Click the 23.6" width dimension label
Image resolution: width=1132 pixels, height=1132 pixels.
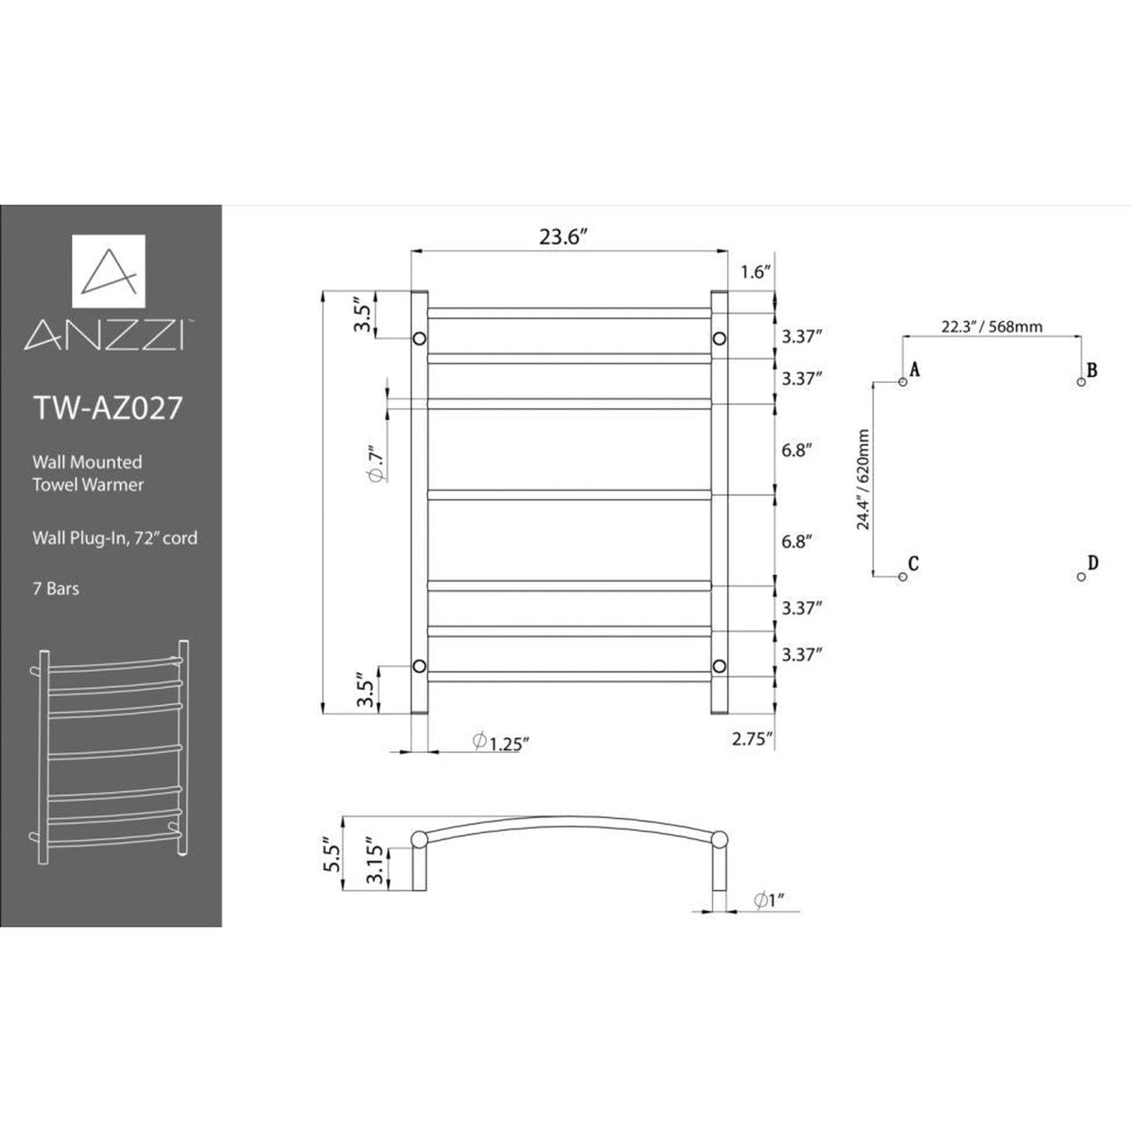(562, 237)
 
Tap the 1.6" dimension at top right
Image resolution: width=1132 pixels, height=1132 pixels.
(756, 272)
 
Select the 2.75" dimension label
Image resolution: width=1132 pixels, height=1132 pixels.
(752, 738)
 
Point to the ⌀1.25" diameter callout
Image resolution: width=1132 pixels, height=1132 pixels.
(497, 742)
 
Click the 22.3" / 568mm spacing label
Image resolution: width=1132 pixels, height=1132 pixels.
(992, 327)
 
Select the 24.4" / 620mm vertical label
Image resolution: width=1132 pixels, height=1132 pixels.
(863, 479)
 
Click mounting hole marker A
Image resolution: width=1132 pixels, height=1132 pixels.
(902, 382)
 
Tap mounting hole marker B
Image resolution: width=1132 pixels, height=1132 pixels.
(1081, 382)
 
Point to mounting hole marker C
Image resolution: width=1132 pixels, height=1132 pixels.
(902, 577)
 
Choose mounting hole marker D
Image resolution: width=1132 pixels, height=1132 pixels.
(1081, 577)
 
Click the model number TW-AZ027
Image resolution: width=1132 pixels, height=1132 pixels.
(108, 408)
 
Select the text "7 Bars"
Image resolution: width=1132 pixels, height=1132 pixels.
(56, 588)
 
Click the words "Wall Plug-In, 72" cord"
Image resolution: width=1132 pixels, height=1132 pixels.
(114, 538)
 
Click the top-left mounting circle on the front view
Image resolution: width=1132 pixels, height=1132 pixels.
(419, 338)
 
